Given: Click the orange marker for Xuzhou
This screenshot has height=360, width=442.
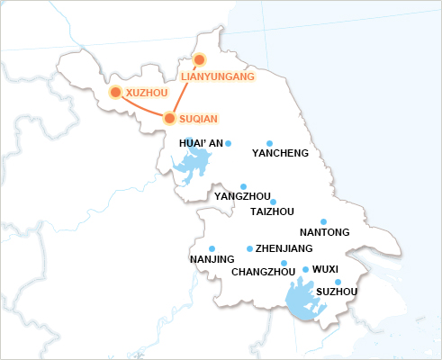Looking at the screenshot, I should click(x=115, y=92).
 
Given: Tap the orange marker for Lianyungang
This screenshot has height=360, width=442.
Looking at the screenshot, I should click(x=200, y=59).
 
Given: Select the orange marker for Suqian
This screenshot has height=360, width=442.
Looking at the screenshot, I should click(x=169, y=118).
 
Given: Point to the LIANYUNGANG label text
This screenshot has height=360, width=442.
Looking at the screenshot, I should click(x=218, y=76).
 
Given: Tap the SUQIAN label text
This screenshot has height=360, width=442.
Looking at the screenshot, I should click(x=198, y=119).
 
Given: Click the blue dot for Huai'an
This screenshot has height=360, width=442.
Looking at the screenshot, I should click(x=229, y=143).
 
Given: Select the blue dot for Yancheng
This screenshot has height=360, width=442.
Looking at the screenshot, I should click(x=270, y=143).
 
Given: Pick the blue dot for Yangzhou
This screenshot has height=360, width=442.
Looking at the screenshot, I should click(x=244, y=185).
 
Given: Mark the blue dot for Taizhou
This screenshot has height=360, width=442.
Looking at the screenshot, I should click(x=274, y=202).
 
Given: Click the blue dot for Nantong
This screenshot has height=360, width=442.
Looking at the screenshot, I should click(x=324, y=221).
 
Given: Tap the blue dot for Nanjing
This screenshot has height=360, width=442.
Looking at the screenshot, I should click(x=212, y=248).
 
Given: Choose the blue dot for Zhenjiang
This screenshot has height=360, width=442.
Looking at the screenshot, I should click(x=249, y=248).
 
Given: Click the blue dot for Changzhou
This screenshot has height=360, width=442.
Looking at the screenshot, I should click(x=284, y=263).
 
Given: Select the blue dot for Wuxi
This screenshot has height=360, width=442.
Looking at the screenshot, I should click(x=305, y=269).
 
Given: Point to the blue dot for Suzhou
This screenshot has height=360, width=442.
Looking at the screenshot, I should click(x=338, y=282).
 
